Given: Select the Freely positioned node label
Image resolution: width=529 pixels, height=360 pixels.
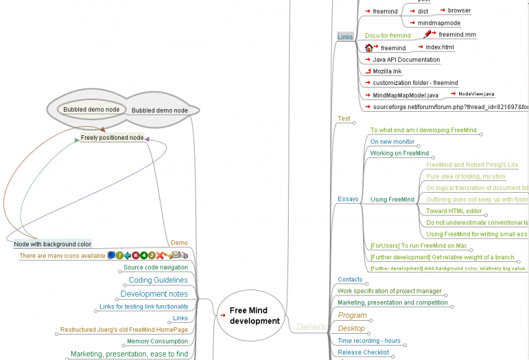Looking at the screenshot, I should coord(112,138).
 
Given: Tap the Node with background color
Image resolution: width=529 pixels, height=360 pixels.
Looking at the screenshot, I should coord(53,244).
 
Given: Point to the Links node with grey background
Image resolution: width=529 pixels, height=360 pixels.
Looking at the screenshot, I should coord(345,37).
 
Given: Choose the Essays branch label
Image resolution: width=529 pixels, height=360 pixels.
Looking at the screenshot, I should coord(347,199).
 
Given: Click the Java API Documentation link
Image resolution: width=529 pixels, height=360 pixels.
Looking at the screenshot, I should coord(406,60).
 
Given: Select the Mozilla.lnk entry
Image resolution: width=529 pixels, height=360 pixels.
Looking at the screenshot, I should coord(387,71).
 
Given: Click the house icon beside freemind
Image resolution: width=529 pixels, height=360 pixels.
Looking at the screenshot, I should coord(369,48).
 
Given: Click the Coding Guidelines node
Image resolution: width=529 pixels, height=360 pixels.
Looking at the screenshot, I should coord(158,280).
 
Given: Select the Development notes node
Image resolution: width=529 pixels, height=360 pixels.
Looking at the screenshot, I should coord(154,294).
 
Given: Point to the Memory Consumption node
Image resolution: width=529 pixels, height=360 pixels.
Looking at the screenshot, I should coord(157,341).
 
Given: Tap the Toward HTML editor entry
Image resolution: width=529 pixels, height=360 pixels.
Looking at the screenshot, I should coord(454,211).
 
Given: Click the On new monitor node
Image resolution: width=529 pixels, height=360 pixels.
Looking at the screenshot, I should coord(393,142).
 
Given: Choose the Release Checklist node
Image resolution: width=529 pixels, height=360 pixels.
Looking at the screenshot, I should coord(363,352).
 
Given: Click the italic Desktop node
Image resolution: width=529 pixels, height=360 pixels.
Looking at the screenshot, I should coord(351,329).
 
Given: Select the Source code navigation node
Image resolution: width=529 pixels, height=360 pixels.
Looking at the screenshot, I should coord(155,267).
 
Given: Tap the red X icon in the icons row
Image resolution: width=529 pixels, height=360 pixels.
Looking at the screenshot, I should coord(159,255).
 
